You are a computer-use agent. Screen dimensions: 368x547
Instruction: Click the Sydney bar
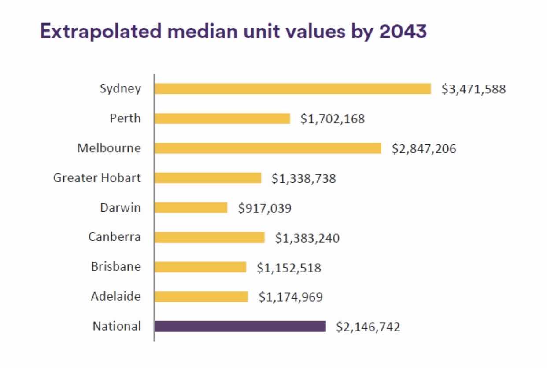[292, 89]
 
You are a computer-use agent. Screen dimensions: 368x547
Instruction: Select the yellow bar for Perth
[222, 119]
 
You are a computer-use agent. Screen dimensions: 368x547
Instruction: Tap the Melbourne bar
[268, 148]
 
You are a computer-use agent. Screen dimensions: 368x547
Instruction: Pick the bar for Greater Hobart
[208, 178]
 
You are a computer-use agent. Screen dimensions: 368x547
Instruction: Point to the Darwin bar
[191, 208]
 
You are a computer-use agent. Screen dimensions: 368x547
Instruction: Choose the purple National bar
[240, 326]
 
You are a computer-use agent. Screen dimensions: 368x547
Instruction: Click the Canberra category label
[115, 237]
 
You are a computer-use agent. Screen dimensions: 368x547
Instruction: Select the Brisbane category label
[116, 267]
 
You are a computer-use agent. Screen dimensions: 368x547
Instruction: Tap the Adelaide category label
[116, 296]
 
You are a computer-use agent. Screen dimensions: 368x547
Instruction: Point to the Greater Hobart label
[97, 178]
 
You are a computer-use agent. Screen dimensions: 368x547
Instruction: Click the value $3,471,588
[474, 89]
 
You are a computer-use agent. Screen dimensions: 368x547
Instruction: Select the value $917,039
[265, 208]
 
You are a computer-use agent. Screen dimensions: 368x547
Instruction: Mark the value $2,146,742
[368, 327]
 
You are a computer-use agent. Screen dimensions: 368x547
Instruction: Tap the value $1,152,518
[289, 267]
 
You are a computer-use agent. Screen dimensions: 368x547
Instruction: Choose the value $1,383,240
[307, 238]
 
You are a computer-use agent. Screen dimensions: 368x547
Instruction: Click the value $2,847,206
[424, 149]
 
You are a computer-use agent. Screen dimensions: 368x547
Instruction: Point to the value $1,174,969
[291, 297]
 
